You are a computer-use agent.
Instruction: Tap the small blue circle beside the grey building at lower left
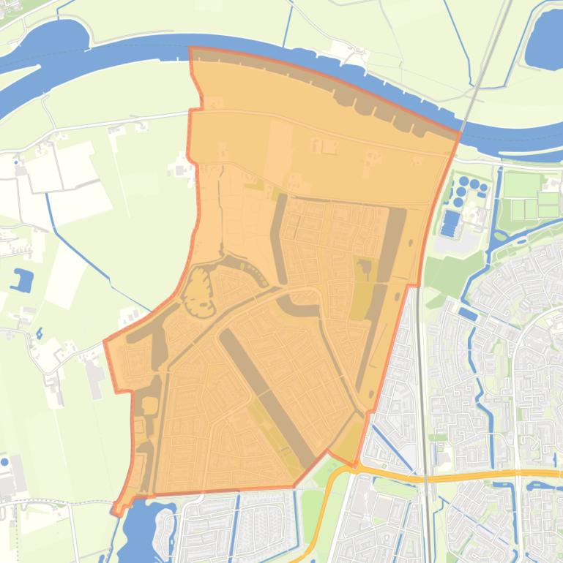(x=6, y=462)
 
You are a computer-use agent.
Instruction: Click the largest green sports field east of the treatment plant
(x=520, y=184)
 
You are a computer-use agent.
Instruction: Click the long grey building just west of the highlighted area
(x=94, y=377)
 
